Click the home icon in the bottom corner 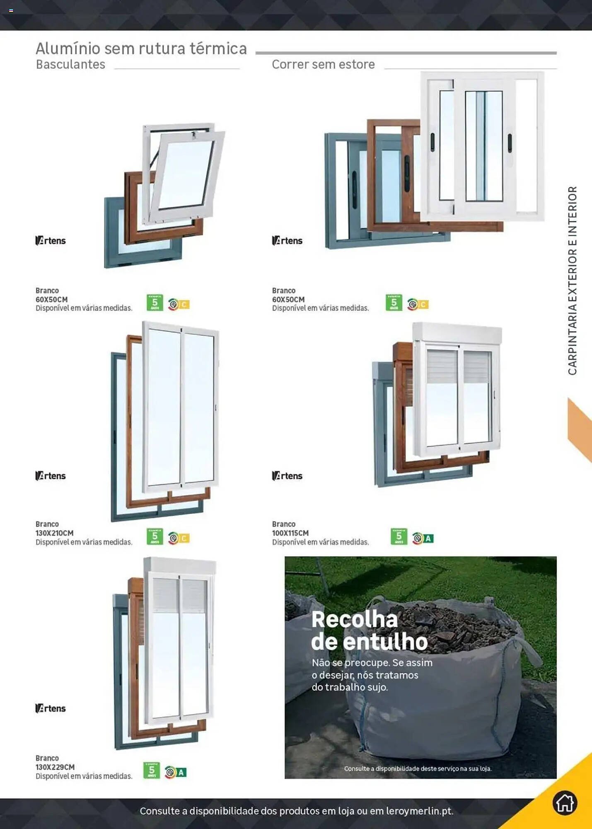(x=564, y=803)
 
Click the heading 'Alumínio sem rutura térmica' (x=141, y=48)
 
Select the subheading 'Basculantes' (x=70, y=65)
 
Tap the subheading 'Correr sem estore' (x=323, y=65)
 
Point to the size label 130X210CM (x=54, y=533)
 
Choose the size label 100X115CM (x=290, y=533)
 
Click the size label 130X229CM (x=55, y=767)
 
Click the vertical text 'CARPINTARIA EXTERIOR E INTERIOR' (x=572, y=281)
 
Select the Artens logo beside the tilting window (x=51, y=240)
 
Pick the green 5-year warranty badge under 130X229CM (x=152, y=771)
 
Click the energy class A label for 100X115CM (x=428, y=538)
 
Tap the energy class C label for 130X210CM (x=184, y=538)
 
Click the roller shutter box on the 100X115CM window (x=457, y=332)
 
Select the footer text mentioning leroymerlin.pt (x=296, y=811)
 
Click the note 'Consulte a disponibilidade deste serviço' (x=418, y=768)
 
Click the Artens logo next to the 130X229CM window (x=51, y=708)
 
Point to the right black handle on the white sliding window (x=510, y=143)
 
